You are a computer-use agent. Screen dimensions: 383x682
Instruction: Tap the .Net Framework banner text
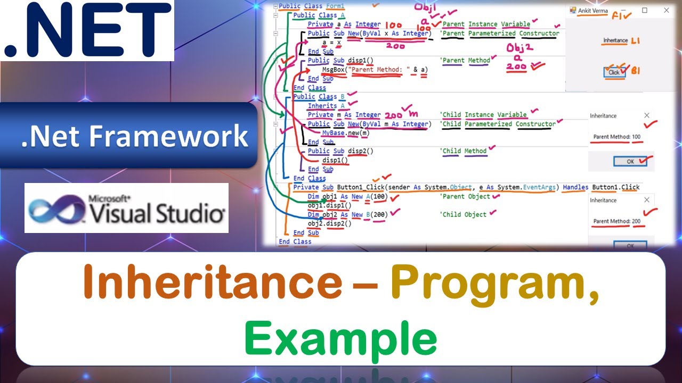134,136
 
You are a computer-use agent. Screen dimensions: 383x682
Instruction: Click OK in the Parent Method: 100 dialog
630,162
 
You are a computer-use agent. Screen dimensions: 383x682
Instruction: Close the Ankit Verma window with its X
666,11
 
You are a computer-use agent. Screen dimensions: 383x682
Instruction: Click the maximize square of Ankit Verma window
644,11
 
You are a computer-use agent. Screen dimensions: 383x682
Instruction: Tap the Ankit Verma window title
592,11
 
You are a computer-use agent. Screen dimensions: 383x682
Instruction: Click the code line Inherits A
322,106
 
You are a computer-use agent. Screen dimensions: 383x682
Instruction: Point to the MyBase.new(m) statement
345,133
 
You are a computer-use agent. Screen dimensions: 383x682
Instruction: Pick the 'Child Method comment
464,151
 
